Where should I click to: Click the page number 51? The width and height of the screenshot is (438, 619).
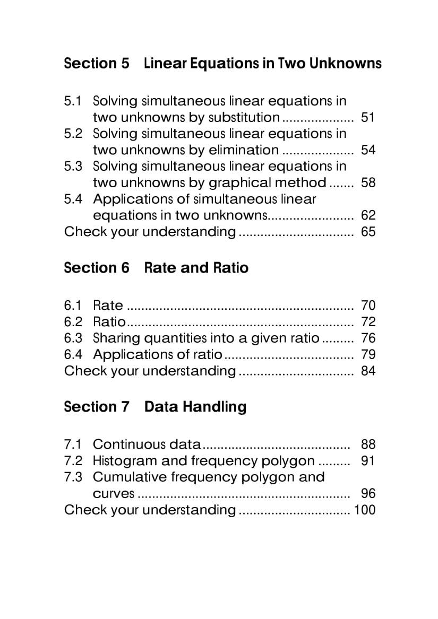tap(368, 117)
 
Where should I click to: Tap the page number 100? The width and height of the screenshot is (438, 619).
tap(364, 510)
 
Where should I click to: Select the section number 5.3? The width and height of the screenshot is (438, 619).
tap(73, 166)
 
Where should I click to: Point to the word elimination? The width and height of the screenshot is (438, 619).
tap(244, 150)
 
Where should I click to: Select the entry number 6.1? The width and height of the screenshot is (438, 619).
tap(73, 305)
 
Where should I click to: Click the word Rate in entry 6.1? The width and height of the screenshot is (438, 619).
tap(108, 305)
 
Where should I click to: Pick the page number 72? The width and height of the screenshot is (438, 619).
tap(368, 321)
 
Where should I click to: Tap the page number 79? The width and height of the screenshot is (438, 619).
tap(368, 354)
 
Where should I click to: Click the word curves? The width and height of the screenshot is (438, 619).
tap(114, 494)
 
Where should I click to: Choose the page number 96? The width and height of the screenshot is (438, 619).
tap(368, 493)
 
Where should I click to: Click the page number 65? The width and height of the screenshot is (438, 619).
tap(368, 231)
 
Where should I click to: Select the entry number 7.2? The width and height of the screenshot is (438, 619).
tap(73, 460)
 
